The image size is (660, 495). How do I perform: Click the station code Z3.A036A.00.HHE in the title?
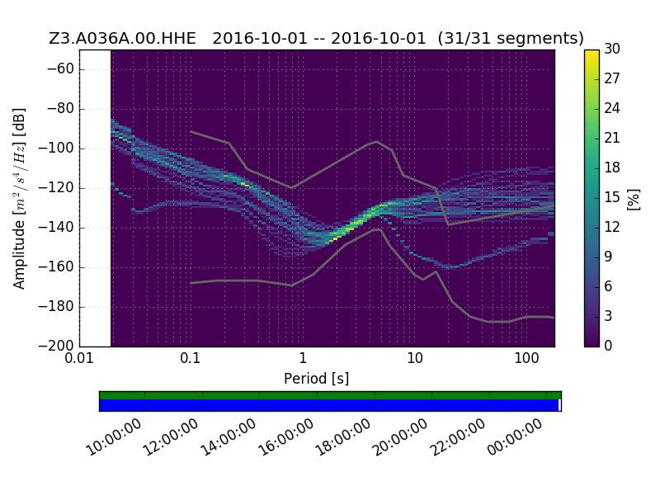pos(122,38)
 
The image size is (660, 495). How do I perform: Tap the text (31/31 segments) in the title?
pos(511,38)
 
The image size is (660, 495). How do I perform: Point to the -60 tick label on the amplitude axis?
pos(60,69)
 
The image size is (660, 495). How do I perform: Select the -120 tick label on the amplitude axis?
pos(56,188)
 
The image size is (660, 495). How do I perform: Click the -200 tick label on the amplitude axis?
pos(56,346)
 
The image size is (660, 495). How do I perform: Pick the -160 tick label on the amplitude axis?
pos(56,266)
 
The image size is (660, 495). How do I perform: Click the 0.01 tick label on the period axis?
pos(79,359)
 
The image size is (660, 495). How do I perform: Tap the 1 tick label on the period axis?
pos(302,359)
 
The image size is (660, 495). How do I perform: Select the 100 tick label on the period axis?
pos(526,359)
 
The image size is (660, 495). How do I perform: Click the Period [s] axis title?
pos(317,379)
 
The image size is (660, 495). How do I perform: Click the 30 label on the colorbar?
pos(612,49)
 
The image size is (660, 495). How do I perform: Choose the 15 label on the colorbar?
pos(612,197)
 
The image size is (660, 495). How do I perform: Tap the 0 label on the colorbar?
pos(608,346)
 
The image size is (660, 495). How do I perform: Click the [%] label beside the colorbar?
pos(634,200)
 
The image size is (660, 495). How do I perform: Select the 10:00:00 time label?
pos(114,438)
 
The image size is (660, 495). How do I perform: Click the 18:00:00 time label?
pos(343,438)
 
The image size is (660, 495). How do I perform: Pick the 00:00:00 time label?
pos(515,438)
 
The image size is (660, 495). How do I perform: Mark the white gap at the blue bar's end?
pos(560,405)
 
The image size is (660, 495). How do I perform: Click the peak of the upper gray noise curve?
pos(377,141)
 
